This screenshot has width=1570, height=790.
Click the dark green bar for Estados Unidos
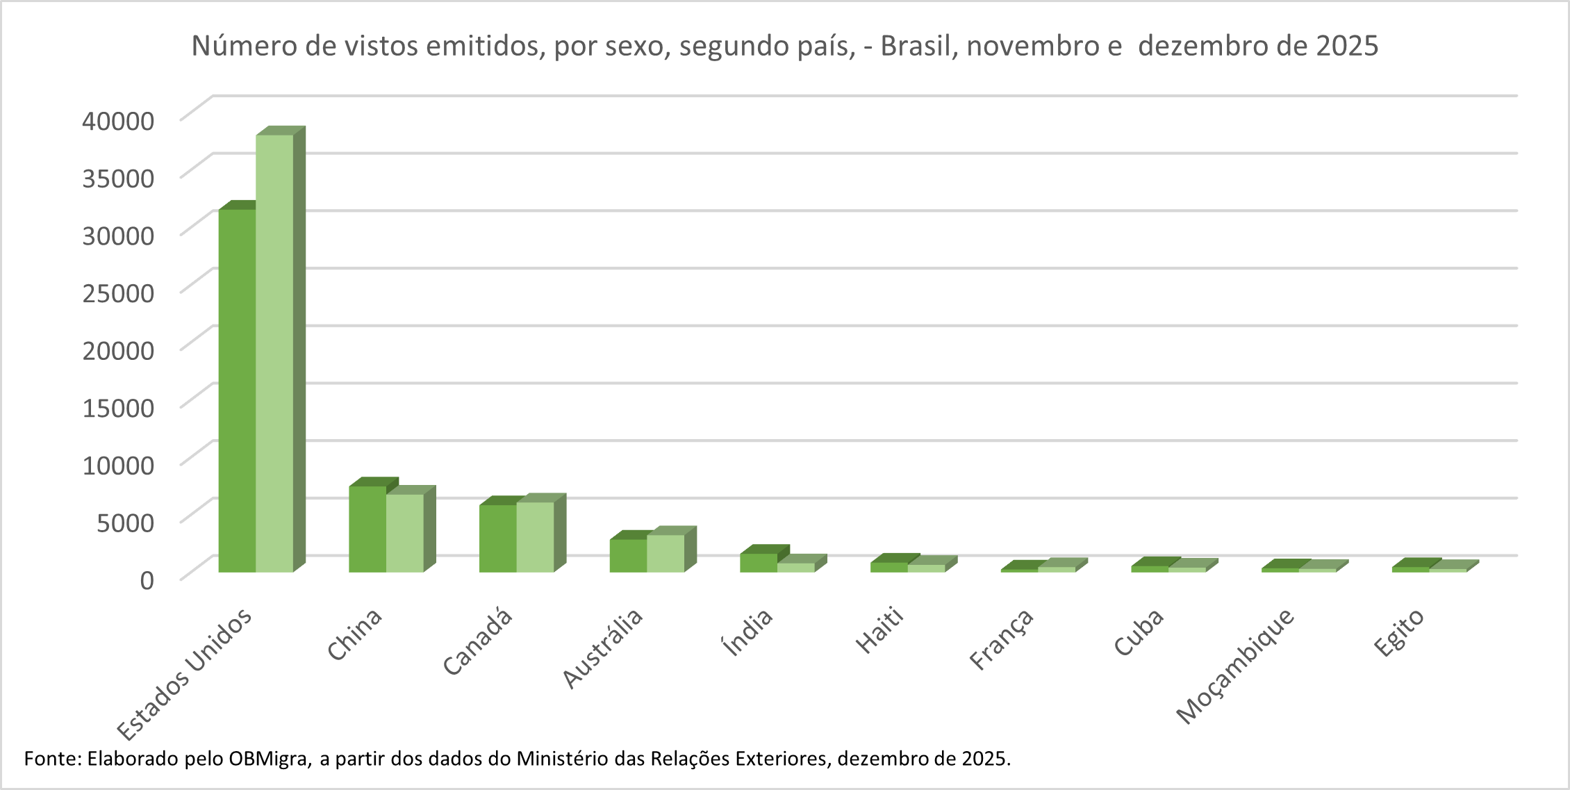pos(237,390)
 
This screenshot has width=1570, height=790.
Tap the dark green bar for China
pos(367,529)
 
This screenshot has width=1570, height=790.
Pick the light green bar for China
pos(405,533)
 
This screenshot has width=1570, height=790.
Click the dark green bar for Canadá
pos(497,538)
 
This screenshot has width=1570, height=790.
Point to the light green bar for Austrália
pos(666,553)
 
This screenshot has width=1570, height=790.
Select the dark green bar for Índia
pos(759,563)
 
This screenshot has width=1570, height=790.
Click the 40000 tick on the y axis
pos(118,121)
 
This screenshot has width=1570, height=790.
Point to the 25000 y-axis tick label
pos(118,293)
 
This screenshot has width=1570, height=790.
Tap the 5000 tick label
pos(125,522)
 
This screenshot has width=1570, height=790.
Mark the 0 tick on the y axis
pos(147,580)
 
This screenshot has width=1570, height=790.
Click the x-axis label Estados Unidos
pos(184,674)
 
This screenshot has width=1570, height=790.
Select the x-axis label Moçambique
pos(1235,666)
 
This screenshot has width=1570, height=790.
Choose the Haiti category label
pos(879,630)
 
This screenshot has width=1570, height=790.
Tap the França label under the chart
pos(1001,639)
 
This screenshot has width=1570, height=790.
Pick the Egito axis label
pos(1398,632)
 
